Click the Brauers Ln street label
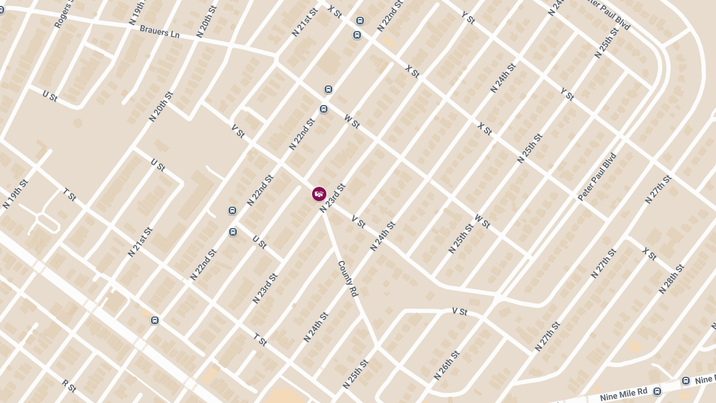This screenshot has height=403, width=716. [x=159, y=31]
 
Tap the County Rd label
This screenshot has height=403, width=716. [x=347, y=279]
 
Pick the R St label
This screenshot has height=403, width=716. [x=69, y=385]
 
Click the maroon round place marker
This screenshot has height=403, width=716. [x=319, y=194]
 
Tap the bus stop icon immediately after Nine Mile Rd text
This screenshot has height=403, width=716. [x=657, y=392]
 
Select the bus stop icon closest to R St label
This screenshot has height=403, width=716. [x=155, y=320]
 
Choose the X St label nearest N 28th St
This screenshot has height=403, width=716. [x=649, y=253]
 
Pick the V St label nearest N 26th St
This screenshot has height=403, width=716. [x=459, y=311]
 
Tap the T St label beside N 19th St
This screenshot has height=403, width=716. [x=70, y=193]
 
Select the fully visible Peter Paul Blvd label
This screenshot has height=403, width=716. [x=597, y=177]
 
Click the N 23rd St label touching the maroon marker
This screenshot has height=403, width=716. [x=332, y=198]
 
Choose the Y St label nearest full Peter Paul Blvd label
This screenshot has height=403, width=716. [x=567, y=94]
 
